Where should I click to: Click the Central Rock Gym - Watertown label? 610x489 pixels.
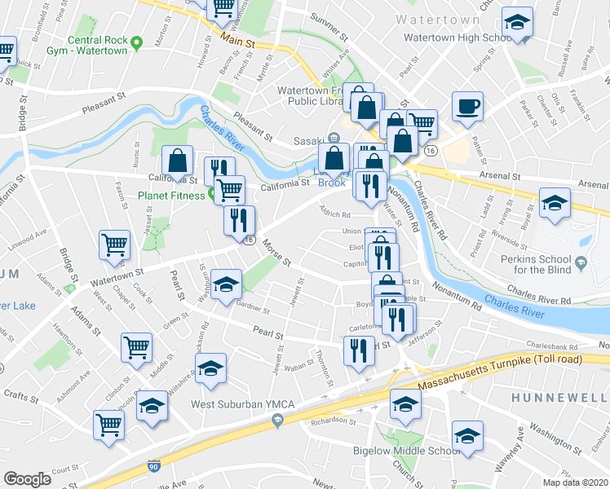click(97, 45)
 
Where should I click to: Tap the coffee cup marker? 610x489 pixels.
click(467, 106)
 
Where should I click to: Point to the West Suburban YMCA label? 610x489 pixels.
click(231, 403)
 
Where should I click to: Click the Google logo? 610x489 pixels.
click(27, 478)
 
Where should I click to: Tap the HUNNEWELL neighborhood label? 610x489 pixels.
click(560, 396)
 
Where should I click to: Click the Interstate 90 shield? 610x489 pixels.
click(153, 467)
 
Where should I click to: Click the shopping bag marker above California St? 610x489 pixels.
click(178, 161)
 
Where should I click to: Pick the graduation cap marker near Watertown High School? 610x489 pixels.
click(515, 23)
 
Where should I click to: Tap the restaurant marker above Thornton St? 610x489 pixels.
click(359, 351)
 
